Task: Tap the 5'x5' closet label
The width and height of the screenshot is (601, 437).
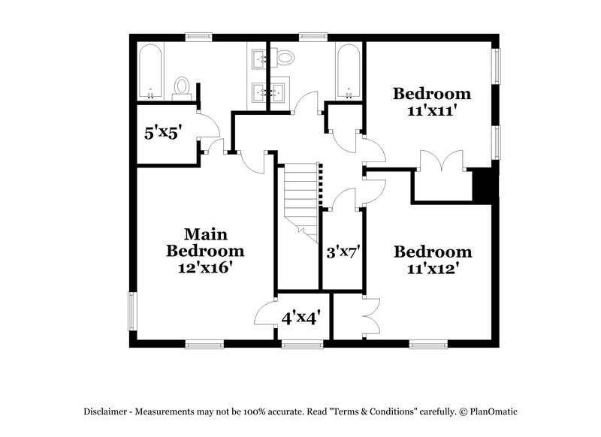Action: coord(165,134)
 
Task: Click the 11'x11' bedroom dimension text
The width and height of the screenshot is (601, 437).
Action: coord(432,109)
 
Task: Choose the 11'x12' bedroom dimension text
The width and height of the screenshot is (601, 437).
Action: coord(432,267)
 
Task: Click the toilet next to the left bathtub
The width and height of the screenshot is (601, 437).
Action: coord(181,87)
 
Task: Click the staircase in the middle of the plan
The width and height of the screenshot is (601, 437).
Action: coord(303,199)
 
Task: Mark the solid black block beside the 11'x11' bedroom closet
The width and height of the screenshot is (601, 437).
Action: coord(482,186)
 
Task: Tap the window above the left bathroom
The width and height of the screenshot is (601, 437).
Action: coord(199,35)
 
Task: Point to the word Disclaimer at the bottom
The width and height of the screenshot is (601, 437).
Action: coord(106,411)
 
